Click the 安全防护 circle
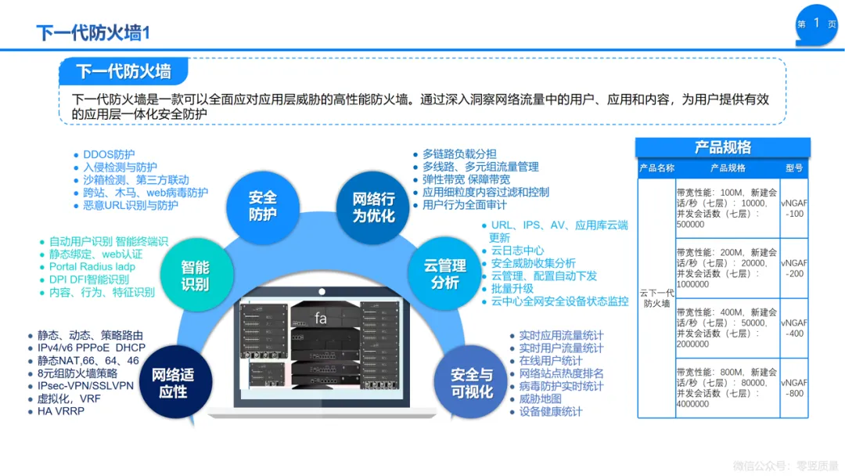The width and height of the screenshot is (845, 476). tap(262, 205)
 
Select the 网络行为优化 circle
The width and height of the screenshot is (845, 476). tap(373, 207)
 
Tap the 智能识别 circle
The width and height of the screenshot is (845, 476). tap(195, 275)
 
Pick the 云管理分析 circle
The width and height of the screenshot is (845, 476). tap(444, 273)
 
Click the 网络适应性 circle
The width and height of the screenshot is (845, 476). tap(173, 383)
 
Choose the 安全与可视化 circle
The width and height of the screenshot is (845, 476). tap(472, 384)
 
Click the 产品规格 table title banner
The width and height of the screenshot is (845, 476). tap(722, 147)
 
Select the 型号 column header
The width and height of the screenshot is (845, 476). tap(794, 168)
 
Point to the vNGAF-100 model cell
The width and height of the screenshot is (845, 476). tap(794, 207)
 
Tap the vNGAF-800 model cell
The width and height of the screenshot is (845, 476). tap(794, 388)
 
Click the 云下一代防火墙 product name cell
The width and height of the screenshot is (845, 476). tap(656, 297)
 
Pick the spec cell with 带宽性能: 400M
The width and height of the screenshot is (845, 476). tap(727, 328)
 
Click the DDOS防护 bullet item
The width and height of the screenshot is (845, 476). tap(109, 154)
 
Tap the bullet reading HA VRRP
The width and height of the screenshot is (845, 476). tap(60, 411)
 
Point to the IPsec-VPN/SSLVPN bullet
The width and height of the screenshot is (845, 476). tap(85, 386)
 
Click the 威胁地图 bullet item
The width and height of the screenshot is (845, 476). tap(540, 399)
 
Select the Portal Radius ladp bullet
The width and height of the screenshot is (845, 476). tap(92, 267)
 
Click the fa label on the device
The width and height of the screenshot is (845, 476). tap(321, 318)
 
